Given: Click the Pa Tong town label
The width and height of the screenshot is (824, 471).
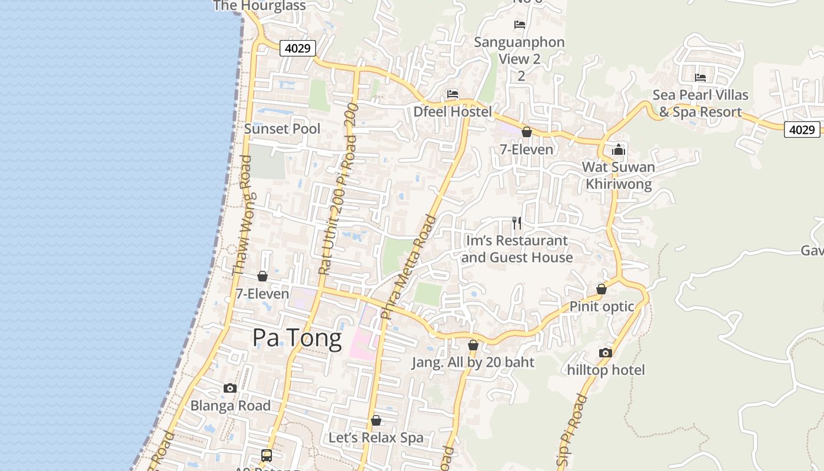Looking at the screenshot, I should click(297, 339).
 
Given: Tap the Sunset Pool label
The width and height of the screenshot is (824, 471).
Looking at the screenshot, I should click(282, 129).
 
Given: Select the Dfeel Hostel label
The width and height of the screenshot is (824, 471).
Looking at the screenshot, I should click(452, 111).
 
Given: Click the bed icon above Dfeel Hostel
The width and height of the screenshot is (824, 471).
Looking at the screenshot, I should click(452, 94).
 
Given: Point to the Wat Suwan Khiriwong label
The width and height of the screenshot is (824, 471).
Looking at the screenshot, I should click(618, 175).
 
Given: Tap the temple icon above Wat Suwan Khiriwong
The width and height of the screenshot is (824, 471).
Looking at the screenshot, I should click(618, 150).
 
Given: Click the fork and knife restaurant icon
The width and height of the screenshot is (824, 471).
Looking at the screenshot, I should click(517, 223).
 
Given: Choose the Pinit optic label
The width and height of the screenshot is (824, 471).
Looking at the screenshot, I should click(602, 306).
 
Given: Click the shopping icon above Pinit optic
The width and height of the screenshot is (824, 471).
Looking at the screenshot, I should click(602, 289).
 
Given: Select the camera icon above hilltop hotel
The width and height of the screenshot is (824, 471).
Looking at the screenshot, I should click(605, 353).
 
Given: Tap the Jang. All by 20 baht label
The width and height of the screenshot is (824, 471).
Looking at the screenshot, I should click(473, 362).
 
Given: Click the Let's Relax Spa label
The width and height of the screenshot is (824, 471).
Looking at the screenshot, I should click(376, 437).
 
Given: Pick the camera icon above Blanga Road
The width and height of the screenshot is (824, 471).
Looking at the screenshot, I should click(230, 388).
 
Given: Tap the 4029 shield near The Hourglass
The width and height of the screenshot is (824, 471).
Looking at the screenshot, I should click(298, 48).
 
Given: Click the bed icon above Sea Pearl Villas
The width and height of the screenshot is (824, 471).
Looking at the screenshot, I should click(700, 78).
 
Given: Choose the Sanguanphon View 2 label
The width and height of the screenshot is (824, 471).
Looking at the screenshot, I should click(519, 50).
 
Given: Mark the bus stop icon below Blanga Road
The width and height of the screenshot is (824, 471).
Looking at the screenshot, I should click(267, 455).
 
